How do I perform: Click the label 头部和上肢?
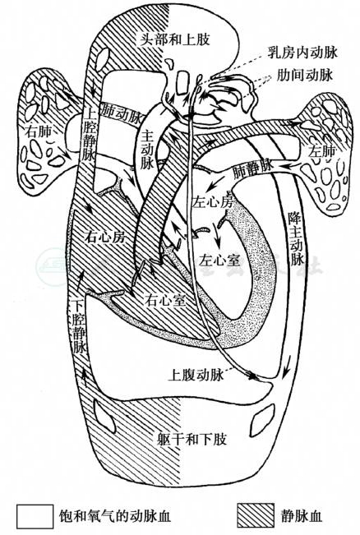point(175,39)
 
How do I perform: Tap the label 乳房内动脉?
point(302,53)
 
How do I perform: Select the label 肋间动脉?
point(304,75)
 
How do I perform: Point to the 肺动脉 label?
point(121,113)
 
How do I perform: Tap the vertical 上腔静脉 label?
point(89,134)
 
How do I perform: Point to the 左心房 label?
point(213,201)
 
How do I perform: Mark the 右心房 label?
point(105,237)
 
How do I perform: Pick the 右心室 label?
point(165,300)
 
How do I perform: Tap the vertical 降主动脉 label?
point(296,238)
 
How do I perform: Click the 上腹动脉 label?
point(196,375)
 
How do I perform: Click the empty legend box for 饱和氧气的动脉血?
point(35,515)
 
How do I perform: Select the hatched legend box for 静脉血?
point(256,515)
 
